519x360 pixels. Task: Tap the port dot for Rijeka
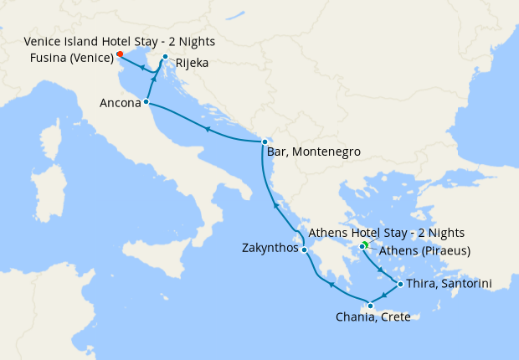click(166, 57)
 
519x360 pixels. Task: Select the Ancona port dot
click(146, 102)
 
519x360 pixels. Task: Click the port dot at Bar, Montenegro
click(265, 141)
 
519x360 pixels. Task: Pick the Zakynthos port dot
click(305, 249)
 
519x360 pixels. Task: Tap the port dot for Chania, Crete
click(370, 306)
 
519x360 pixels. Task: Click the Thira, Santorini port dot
click(400, 285)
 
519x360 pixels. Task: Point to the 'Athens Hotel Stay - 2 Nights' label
click(386, 232)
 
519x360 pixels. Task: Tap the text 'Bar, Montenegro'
click(313, 152)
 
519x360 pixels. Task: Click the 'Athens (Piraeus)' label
click(425, 250)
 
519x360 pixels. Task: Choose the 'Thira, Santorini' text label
click(449, 285)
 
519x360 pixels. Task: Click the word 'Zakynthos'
click(269, 249)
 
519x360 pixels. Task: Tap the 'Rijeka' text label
click(192, 63)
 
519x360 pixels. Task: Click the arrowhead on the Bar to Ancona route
click(206, 128)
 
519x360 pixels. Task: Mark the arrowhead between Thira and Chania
click(384, 296)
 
